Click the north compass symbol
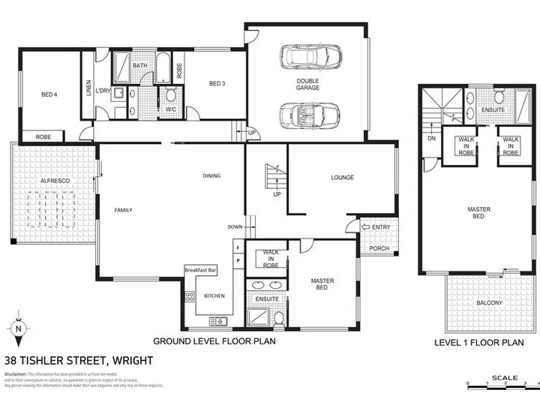click(19, 328)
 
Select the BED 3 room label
click(217, 83)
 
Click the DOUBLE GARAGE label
click(307, 84)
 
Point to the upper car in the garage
click(310, 56)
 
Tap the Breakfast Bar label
click(200, 268)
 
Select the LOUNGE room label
click(342, 178)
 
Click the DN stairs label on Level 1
click(430, 138)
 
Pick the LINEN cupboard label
click(88, 88)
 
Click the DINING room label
click(211, 176)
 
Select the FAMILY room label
click(124, 211)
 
